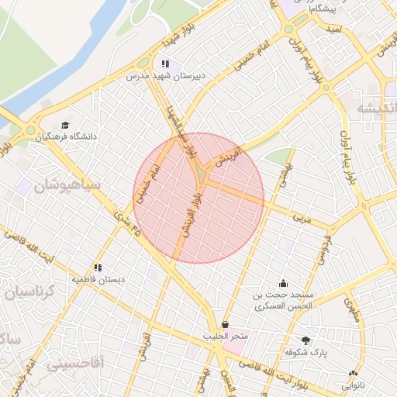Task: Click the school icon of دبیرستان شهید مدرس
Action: (x=164, y=64)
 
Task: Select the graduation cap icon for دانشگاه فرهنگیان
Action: (x=65, y=125)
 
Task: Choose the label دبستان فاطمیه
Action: (x=98, y=278)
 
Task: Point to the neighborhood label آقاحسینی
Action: (x=74, y=362)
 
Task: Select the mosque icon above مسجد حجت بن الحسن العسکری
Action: (x=283, y=282)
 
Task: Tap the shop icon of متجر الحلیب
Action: (x=226, y=324)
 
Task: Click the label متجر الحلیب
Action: (x=226, y=336)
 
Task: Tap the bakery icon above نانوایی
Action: (x=353, y=373)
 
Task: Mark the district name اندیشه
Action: (x=375, y=109)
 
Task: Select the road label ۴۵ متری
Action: (x=129, y=221)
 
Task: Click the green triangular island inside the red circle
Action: (x=202, y=177)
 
